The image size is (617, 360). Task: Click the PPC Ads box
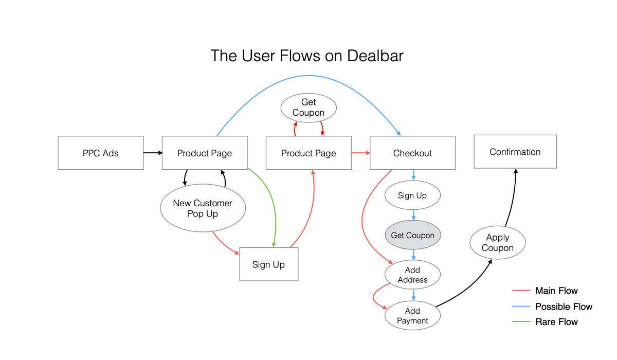click(101, 153)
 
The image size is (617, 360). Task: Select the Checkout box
click(412, 153)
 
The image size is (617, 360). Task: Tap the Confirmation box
click(515, 152)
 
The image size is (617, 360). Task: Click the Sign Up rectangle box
click(268, 264)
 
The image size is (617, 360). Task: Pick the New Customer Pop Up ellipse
click(203, 208)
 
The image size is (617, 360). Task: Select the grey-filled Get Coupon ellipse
click(413, 235)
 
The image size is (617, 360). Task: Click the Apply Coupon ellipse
click(498, 243)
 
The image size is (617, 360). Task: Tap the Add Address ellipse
click(412, 275)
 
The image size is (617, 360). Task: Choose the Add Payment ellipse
click(412, 316)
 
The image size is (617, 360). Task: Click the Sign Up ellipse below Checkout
click(412, 195)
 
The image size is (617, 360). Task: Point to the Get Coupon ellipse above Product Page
click(308, 107)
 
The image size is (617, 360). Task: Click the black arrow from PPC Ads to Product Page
click(152, 153)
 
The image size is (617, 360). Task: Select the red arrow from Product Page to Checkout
click(360, 153)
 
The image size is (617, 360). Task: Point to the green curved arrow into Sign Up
click(273, 206)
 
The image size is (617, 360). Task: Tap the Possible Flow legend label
click(564, 307)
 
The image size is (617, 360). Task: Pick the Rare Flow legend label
click(556, 322)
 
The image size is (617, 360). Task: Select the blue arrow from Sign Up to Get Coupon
click(413, 215)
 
